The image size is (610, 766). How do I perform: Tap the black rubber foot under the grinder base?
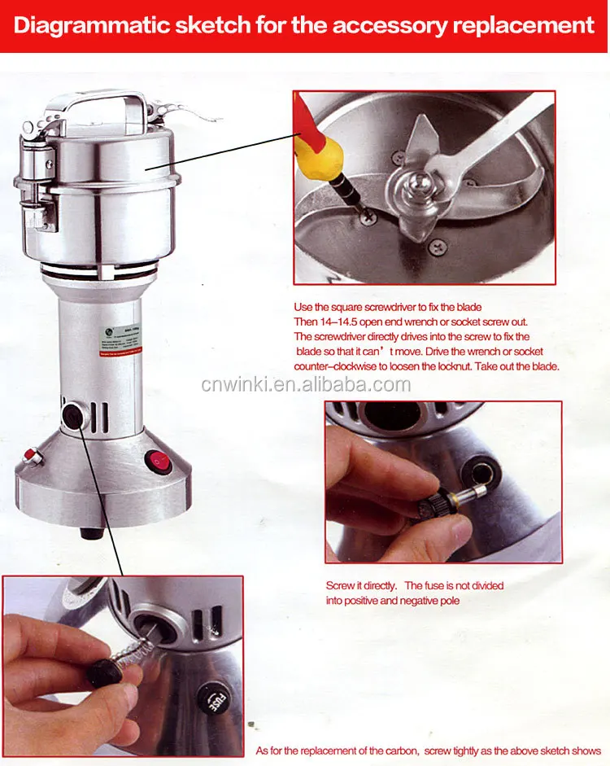coord(91,534)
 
